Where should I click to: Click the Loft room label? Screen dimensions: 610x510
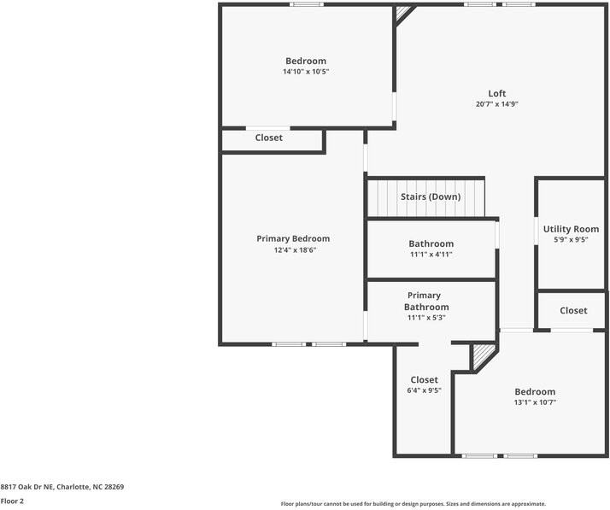click(496, 93)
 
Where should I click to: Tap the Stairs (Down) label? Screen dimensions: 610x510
click(431, 196)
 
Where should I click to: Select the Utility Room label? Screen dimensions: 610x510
click(571, 229)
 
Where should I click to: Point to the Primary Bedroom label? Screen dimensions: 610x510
click(293, 239)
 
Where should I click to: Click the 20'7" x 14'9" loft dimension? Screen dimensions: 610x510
click(496, 104)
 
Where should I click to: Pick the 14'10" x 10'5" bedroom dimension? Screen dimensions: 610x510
click(306, 72)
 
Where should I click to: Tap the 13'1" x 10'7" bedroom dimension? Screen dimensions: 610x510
click(535, 402)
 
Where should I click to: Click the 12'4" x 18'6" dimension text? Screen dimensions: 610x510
click(295, 249)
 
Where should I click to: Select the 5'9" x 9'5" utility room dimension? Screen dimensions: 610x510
click(571, 240)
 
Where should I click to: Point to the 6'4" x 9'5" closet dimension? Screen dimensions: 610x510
click(424, 390)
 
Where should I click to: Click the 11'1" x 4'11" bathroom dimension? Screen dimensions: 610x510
click(431, 255)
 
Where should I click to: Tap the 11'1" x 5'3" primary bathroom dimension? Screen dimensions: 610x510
click(426, 318)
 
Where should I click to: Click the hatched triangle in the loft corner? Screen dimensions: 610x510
click(403, 13)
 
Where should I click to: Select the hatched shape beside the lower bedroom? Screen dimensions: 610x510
click(483, 356)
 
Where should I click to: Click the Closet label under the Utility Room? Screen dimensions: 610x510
click(573, 310)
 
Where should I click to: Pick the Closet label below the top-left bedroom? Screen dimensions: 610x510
click(269, 138)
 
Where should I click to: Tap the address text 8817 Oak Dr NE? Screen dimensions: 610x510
click(28, 487)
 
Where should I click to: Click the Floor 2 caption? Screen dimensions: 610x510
click(12, 501)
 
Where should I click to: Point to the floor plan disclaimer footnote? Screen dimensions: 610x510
click(414, 504)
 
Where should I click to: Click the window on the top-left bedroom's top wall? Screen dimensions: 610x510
click(307, 4)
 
